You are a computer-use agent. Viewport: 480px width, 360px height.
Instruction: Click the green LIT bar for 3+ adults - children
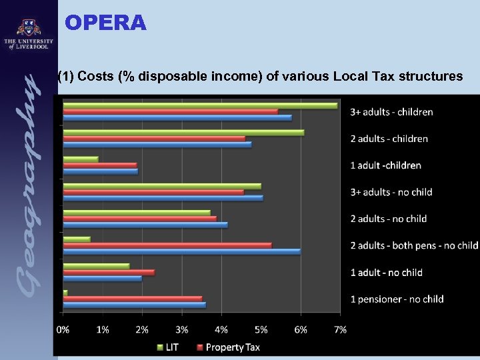200,105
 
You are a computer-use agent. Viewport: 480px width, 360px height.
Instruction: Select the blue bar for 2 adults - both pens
181,251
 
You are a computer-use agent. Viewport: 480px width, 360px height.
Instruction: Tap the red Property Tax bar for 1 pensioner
132,299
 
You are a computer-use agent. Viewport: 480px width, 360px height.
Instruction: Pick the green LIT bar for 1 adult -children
81,159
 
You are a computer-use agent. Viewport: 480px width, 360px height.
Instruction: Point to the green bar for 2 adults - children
183,132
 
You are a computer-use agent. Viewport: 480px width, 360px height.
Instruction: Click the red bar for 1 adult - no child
109,272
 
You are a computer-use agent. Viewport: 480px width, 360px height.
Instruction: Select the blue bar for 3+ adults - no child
163,198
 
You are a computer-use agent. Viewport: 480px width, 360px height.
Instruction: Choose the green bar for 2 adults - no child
137,213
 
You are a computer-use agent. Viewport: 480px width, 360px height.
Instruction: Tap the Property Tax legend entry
228,347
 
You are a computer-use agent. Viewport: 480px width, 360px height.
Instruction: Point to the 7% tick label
340,329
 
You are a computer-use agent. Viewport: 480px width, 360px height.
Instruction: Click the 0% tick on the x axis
63,329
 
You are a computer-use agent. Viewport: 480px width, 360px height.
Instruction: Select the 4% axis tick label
221,329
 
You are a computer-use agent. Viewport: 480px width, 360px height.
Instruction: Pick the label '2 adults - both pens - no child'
414,245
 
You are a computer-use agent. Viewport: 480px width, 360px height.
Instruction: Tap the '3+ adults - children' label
391,112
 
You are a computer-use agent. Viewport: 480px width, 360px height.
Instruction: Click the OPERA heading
105,23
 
